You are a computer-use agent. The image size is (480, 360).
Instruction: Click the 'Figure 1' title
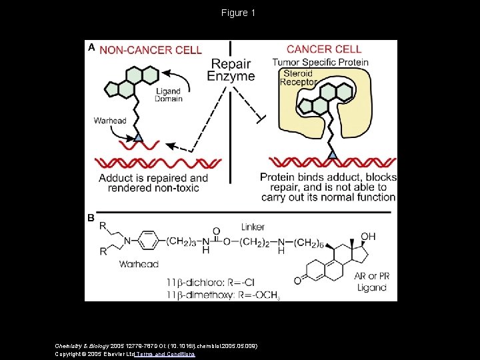(239, 13)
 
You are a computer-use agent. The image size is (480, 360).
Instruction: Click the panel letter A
(92, 48)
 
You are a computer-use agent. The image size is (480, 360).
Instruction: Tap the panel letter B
(91, 218)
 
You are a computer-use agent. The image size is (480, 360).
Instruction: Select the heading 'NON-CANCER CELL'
(151, 50)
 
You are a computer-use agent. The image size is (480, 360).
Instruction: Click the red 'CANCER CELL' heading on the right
(324, 49)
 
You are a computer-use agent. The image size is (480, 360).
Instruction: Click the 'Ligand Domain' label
(168, 95)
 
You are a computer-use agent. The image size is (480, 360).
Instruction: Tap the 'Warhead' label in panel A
(110, 121)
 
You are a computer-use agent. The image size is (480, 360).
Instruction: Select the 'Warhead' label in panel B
(139, 264)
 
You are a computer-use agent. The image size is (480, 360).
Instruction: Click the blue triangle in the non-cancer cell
(138, 137)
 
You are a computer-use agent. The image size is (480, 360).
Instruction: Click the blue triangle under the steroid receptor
(332, 155)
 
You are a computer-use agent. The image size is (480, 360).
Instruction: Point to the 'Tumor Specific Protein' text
(320, 63)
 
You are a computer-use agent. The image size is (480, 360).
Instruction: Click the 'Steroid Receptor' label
(300, 77)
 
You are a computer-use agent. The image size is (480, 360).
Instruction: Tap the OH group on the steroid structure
(368, 237)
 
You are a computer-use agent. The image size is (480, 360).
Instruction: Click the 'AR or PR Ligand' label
(371, 282)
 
